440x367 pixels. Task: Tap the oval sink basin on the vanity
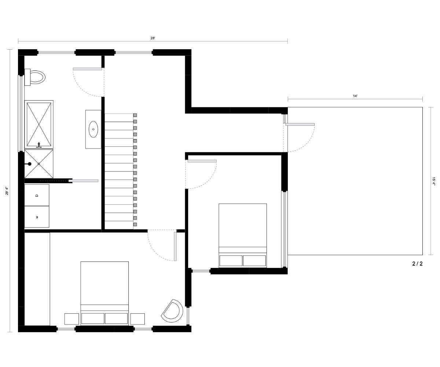point(93,129)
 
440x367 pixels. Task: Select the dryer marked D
point(37,195)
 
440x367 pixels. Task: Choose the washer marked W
point(37,217)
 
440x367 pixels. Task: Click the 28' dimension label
point(153,38)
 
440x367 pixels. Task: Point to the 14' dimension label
point(355,96)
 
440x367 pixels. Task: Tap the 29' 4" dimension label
point(7,191)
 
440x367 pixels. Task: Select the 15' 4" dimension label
point(433,181)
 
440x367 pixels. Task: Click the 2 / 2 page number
point(417,264)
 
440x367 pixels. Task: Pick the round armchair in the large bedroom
point(172,311)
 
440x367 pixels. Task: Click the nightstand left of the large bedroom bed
point(71,319)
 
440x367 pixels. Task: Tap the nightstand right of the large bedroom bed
point(137,319)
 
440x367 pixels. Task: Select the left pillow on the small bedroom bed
point(231,261)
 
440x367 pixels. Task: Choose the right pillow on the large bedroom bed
point(116,318)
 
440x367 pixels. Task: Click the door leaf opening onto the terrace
point(300,124)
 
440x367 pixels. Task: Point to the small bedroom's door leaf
point(202,161)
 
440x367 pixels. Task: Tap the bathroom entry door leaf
point(87,69)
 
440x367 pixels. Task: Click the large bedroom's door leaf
point(175,246)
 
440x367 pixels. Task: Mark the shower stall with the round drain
point(39,164)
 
